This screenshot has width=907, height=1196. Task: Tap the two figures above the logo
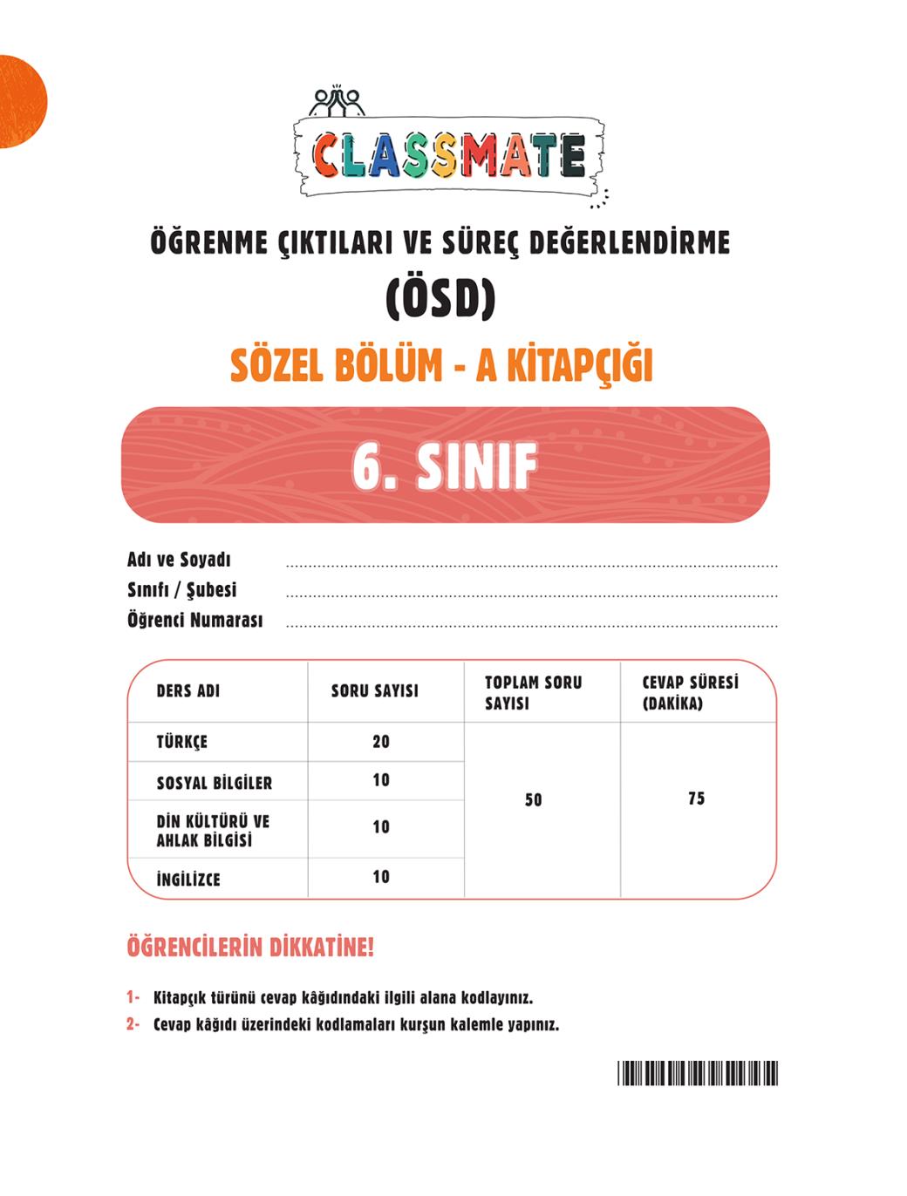pyautogui.click(x=338, y=100)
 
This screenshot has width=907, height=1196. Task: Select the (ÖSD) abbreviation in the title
pyautogui.click(x=440, y=298)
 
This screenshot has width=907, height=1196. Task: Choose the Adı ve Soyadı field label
pyautogui.click(x=179, y=560)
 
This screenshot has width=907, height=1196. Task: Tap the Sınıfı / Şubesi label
pyautogui.click(x=181, y=590)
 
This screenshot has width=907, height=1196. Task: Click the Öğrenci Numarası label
pyautogui.click(x=194, y=621)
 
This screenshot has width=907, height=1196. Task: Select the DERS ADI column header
pyautogui.click(x=188, y=691)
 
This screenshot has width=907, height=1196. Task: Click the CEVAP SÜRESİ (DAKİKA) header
pyautogui.click(x=690, y=693)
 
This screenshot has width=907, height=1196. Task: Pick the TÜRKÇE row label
pyautogui.click(x=182, y=743)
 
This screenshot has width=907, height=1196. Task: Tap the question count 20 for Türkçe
pyautogui.click(x=381, y=742)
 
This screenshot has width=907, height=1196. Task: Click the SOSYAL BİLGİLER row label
pyautogui.click(x=215, y=783)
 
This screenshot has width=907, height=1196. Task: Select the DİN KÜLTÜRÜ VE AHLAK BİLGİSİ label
pyautogui.click(x=213, y=831)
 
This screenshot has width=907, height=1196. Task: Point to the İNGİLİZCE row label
pyautogui.click(x=188, y=879)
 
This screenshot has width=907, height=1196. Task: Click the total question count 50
pyautogui.click(x=534, y=799)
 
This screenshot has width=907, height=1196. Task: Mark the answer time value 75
pyautogui.click(x=696, y=798)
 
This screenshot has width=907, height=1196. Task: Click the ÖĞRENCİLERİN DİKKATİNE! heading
pyautogui.click(x=250, y=948)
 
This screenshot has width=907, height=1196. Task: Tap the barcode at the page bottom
pyautogui.click(x=698, y=1073)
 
